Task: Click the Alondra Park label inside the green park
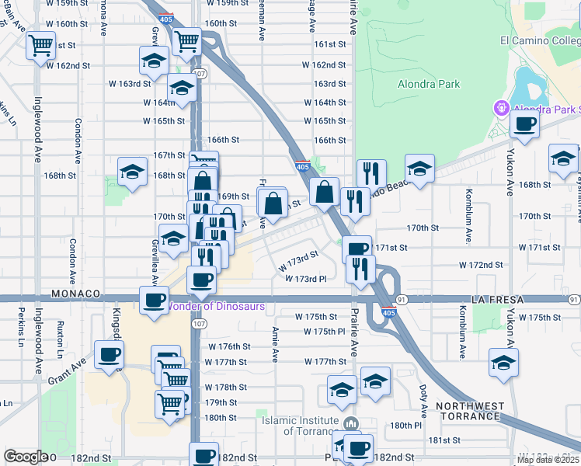click(428, 85)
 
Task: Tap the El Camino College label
click(539, 40)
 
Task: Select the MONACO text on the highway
click(77, 294)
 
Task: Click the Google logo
click(26, 457)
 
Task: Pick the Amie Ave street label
click(275, 344)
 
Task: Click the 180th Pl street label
click(405, 426)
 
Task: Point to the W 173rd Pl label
click(311, 278)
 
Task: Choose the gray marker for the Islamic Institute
click(351, 424)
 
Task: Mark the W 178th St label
click(225, 387)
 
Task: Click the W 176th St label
click(228, 346)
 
